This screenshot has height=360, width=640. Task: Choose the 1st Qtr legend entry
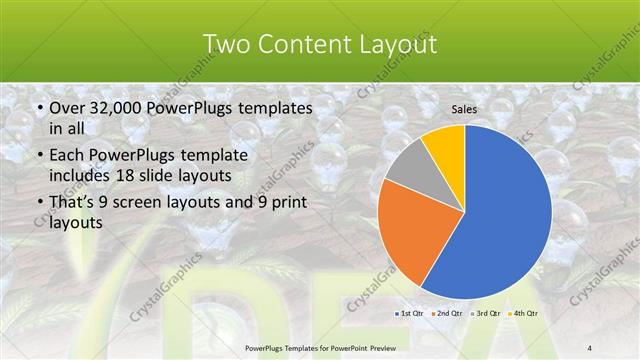(412, 313)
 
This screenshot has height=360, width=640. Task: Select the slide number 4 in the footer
(590, 347)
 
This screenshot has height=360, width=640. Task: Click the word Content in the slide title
(303, 44)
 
